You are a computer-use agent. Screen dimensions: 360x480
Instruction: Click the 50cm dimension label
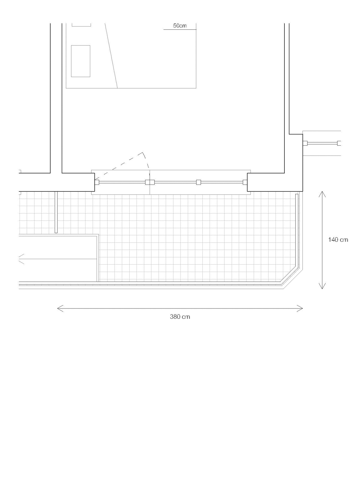(x=180, y=26)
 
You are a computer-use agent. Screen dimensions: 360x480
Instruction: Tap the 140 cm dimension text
(x=338, y=240)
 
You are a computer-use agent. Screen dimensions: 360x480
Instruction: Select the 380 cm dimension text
(x=180, y=317)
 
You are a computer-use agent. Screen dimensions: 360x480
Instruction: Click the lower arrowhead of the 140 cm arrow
(x=322, y=286)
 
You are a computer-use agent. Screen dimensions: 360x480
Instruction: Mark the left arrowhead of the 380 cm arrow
(x=60, y=308)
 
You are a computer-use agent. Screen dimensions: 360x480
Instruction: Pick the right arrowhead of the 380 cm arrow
(x=300, y=308)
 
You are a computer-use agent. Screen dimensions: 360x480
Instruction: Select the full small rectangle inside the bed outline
(x=81, y=61)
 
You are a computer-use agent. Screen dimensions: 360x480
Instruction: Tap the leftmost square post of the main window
(x=97, y=182)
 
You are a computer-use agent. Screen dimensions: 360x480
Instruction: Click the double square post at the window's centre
(x=150, y=182)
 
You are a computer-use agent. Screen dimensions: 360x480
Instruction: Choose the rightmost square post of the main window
(x=245, y=182)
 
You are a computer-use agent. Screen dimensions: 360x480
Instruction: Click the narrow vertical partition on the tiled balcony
(x=56, y=212)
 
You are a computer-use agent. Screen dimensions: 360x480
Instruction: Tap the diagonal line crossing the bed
(x=111, y=56)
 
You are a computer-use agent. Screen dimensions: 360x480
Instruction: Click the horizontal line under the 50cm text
(x=180, y=29)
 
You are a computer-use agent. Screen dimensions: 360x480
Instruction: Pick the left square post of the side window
(x=305, y=143)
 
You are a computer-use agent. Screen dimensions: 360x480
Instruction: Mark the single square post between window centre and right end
(x=198, y=182)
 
